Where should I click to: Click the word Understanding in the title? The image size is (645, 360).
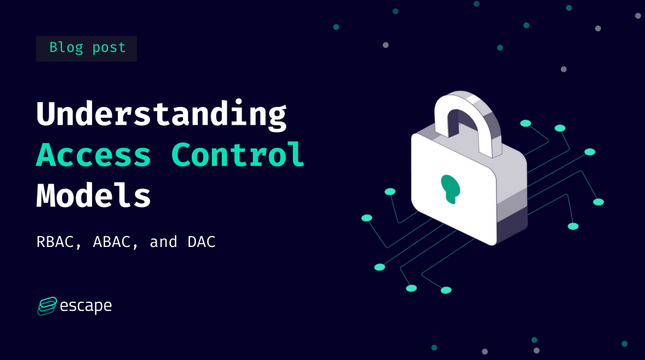coord(161,114)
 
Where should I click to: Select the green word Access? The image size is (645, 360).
coord(93,155)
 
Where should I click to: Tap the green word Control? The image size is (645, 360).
coord(238,155)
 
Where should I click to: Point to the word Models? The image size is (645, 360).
coord(93,195)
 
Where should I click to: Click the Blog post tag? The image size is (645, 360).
coord(87,48)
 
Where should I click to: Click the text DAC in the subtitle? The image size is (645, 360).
coord(201,242)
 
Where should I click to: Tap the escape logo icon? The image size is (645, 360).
coord(47,305)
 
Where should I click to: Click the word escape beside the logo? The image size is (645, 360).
coord(86,305)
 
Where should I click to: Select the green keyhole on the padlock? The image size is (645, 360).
coord(451,188)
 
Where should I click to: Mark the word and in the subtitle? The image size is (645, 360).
coord(163,242)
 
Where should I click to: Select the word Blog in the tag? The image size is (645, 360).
coord(66,48)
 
